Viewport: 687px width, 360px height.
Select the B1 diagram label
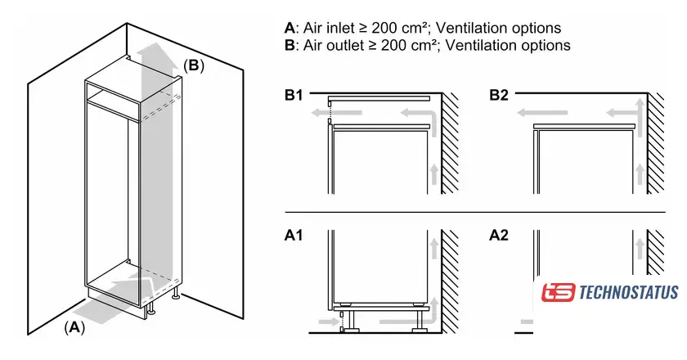pyautogui.click(x=294, y=96)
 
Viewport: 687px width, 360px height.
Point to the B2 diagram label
pyautogui.click(x=499, y=96)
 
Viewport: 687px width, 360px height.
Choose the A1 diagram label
pyautogui.click(x=294, y=236)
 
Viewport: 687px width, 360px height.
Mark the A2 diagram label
pyautogui.click(x=499, y=236)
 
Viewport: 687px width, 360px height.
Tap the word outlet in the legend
pyautogui.click(x=335, y=45)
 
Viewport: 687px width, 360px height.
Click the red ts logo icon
pyautogui.click(x=559, y=292)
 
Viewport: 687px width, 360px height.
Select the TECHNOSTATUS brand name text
pyautogui.click(x=628, y=292)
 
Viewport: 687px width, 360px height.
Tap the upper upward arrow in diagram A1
pyautogui.click(x=433, y=245)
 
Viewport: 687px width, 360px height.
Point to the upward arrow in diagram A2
pyautogui.click(x=637, y=245)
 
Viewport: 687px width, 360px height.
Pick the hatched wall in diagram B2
pyautogui.click(x=655, y=143)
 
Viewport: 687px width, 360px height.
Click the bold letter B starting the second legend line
pyautogui.click(x=289, y=45)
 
